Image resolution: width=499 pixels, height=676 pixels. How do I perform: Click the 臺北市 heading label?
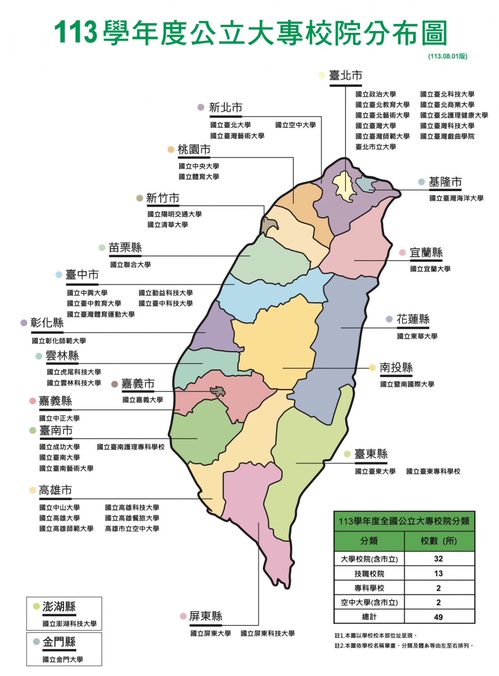pos(346,75)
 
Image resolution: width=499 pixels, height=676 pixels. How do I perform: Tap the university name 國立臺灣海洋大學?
pos(456,198)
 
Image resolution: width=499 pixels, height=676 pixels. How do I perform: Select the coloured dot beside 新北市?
pos(201,107)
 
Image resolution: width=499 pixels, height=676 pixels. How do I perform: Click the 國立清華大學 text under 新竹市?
pos(167,224)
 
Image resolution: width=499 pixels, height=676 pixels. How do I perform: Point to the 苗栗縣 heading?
pos(125,247)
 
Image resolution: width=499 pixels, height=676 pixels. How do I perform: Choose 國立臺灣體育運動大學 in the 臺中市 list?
pos(101,314)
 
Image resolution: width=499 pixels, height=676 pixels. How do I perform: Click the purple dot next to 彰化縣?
pos(24,323)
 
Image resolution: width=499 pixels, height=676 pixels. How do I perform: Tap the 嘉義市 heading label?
pos(138,384)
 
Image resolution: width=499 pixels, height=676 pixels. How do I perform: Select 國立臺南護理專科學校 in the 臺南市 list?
pos(131,447)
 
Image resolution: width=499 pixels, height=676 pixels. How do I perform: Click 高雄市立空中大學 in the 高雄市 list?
pos(132,529)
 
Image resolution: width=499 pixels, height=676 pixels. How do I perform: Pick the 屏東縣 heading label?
pos(206,616)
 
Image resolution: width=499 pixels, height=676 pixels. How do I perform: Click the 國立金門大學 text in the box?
pos(63,659)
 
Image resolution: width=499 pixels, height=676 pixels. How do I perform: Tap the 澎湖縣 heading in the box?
pos(59,607)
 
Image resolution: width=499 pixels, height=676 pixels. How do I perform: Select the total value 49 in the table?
pos(438,617)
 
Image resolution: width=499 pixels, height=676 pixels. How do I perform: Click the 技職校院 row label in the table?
pos(369,574)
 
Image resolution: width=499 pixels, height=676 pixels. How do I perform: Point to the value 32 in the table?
pos(438,559)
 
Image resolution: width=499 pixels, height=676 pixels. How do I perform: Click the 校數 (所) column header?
pos(439,541)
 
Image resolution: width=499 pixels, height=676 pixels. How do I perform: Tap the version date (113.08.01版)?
pos(448,56)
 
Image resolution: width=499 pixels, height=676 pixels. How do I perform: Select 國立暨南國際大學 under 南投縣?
pos(407,384)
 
